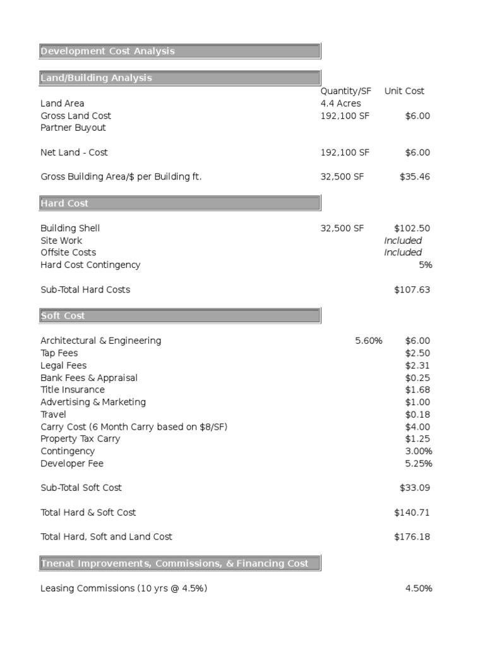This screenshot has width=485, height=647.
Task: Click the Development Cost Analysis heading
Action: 107,51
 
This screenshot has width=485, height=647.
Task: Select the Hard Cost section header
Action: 64,203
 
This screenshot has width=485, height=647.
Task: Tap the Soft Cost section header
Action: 63,315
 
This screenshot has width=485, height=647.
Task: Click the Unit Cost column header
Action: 404,91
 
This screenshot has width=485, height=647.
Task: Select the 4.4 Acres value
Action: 341,103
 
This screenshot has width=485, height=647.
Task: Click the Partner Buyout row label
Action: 73,128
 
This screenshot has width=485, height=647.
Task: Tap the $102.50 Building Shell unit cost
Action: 412,228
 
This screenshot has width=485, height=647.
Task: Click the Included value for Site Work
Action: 403,241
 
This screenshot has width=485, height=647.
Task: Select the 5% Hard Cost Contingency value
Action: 425,265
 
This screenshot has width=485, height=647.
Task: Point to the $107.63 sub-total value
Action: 412,289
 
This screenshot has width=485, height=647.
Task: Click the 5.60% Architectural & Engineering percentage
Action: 368,341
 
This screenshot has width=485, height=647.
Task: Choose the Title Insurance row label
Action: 73,390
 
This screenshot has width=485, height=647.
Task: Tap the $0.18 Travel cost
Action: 417,414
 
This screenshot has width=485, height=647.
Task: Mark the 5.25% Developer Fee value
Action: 419,464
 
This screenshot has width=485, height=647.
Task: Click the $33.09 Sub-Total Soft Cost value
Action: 415,488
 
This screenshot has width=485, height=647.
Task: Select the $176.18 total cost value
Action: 412,536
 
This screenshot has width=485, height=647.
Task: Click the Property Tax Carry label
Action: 80,439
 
